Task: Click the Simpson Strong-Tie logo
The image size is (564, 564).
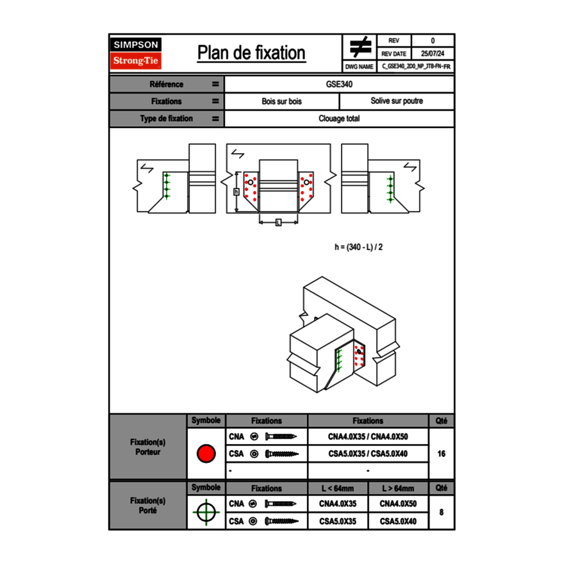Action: click(137, 53)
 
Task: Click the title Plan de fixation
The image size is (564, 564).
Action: click(251, 53)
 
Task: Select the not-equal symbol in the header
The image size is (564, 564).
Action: click(360, 47)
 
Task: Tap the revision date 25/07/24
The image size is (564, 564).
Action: click(433, 53)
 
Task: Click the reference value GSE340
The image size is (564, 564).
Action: click(339, 84)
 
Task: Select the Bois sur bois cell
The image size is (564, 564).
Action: click(281, 101)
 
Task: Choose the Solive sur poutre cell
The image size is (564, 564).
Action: click(396, 101)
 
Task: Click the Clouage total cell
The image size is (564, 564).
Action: click(339, 119)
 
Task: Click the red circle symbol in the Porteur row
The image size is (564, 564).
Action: click(206, 454)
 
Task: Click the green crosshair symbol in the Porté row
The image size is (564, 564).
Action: click(206, 513)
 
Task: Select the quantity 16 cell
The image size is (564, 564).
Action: click(441, 454)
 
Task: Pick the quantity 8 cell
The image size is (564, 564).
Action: click(441, 513)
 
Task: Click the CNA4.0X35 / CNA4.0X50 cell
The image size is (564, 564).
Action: click(367, 437)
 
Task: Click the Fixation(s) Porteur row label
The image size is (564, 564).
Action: click(147, 447)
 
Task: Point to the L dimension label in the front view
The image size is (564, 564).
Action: click(278, 222)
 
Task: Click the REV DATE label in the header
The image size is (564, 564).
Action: click(395, 53)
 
